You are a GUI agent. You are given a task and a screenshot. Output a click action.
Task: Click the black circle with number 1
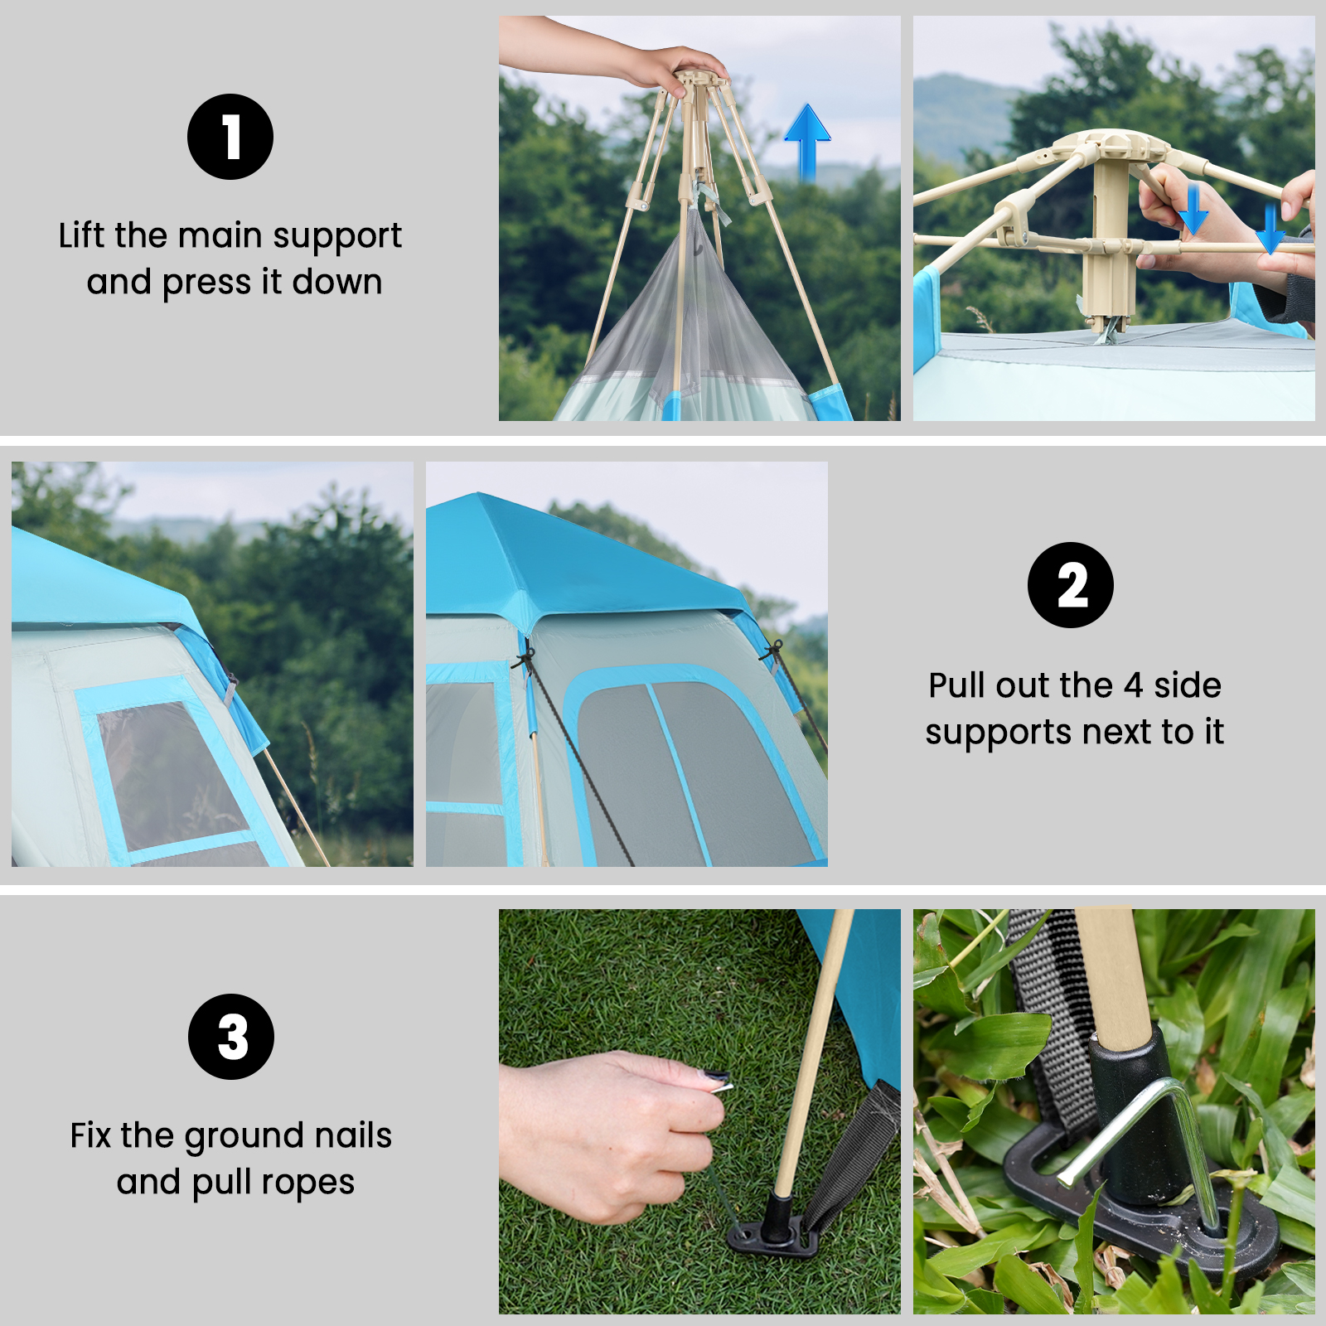(x=230, y=137)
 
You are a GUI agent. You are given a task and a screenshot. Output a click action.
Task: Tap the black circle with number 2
(x=1071, y=585)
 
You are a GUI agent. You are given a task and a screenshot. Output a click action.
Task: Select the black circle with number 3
(x=231, y=1037)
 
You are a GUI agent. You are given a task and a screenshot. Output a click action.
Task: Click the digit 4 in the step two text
(x=1133, y=686)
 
